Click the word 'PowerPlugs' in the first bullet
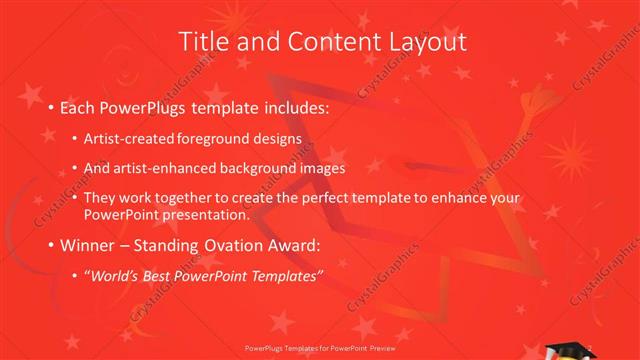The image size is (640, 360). click(x=146, y=105)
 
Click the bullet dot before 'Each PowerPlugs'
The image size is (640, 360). click(x=51, y=106)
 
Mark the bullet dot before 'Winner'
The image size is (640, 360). click(x=51, y=245)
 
